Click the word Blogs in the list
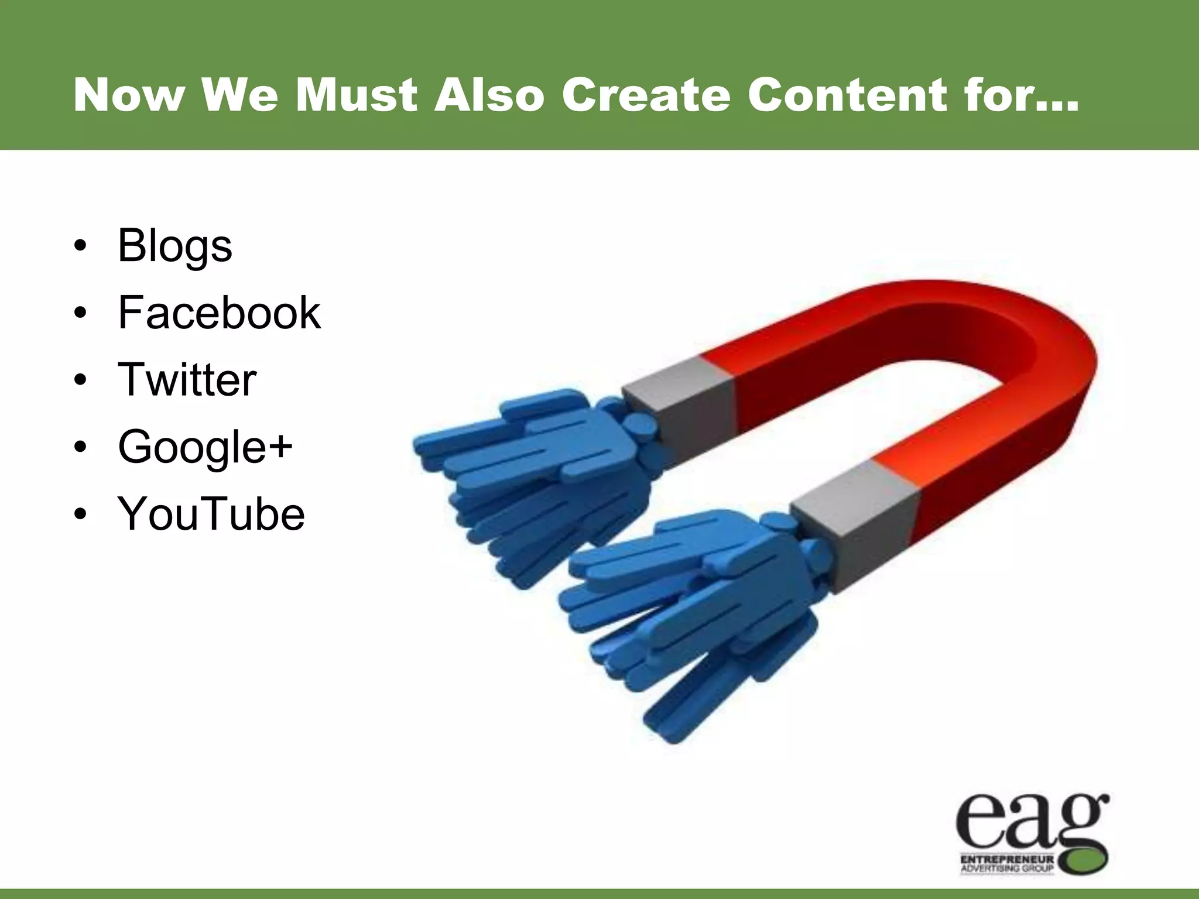175,246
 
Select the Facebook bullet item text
220,313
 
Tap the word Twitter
187,379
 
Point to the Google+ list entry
205,447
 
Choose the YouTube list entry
211,513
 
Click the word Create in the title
646,95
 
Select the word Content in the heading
846,95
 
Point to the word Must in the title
357,95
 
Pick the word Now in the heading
129,95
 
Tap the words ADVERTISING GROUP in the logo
1007,868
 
